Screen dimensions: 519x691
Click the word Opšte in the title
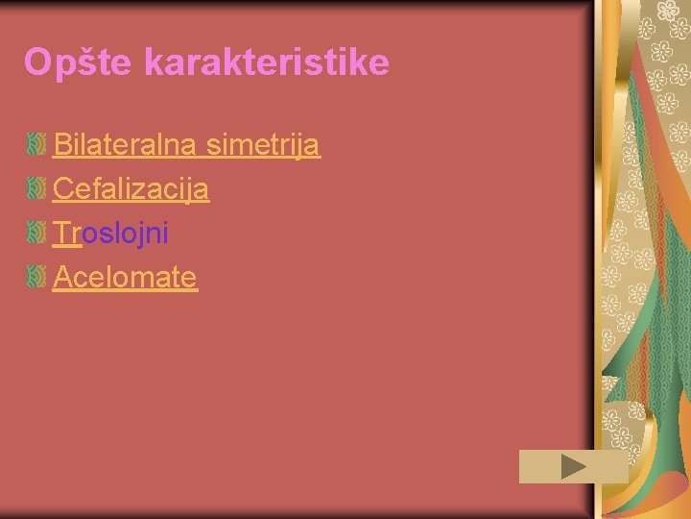click(79, 63)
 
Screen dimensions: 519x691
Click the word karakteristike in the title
click(267, 62)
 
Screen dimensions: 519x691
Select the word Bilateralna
click(124, 145)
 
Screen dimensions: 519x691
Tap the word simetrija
click(261, 145)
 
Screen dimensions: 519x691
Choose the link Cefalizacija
click(131, 189)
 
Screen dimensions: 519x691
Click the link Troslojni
click(110, 233)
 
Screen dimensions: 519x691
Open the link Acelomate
click(125, 277)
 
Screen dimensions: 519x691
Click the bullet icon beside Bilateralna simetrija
click(36, 145)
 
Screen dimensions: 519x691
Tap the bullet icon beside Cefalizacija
click(36, 188)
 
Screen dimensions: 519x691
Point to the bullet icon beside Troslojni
click(36, 233)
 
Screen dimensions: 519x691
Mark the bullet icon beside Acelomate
click(36, 277)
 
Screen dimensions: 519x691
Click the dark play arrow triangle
click(573, 467)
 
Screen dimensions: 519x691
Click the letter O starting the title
click(37, 62)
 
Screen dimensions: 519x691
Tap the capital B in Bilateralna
click(61, 145)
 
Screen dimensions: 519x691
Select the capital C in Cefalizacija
click(62, 188)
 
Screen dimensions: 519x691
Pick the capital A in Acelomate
click(62, 277)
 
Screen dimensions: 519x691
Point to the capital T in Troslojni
click(61, 233)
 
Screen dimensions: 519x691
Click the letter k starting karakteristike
click(155, 62)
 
